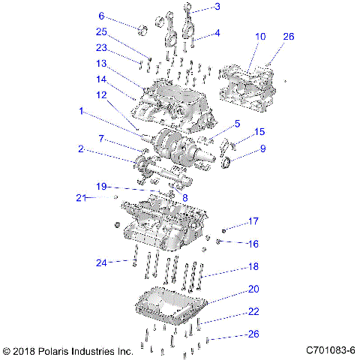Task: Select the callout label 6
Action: tap(102, 16)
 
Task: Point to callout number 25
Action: tap(101, 31)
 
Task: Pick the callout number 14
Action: tap(101, 78)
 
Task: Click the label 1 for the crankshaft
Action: tap(81, 111)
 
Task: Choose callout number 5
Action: tap(236, 124)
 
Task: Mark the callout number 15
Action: tap(260, 132)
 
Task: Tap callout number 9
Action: tap(262, 148)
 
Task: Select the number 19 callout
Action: tap(101, 185)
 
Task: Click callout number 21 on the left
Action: tap(79, 198)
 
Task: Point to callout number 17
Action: tap(253, 221)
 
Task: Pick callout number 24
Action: tap(102, 262)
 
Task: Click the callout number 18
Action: tap(253, 265)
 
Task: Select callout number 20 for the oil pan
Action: tap(253, 289)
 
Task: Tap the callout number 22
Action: tap(253, 311)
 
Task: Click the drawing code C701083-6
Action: tap(331, 350)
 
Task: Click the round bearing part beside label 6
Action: tap(140, 29)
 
